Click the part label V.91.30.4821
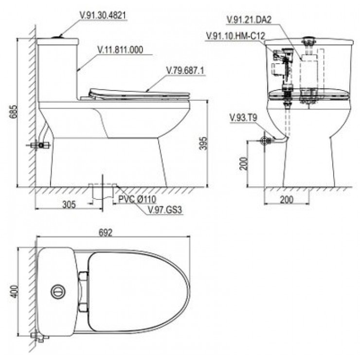(103, 16)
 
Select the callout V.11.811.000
(120, 50)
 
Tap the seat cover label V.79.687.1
(185, 71)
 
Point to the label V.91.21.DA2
(249, 19)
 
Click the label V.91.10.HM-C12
(235, 36)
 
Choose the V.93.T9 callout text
(243, 118)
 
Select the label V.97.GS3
(165, 210)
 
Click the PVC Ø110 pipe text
(137, 199)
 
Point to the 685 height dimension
(14, 111)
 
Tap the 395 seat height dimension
(203, 144)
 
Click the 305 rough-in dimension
(69, 204)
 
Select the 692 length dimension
(106, 233)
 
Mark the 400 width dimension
(14, 291)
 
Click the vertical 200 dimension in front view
(244, 163)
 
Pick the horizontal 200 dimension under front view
(287, 200)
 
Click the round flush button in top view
(58, 291)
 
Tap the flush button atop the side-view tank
(58, 37)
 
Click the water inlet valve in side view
(40, 145)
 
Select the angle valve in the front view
(265, 141)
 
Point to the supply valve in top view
(39, 337)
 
